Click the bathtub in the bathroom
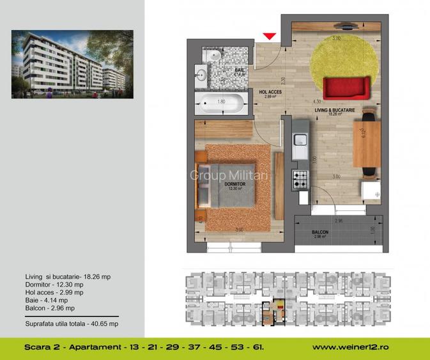pyautogui.click(x=221, y=102)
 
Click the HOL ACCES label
pyautogui.click(x=270, y=92)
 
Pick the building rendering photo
pyautogui.click(x=72, y=64)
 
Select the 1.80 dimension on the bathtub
pyautogui.click(x=221, y=102)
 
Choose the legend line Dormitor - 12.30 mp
pyautogui.click(x=50, y=284)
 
